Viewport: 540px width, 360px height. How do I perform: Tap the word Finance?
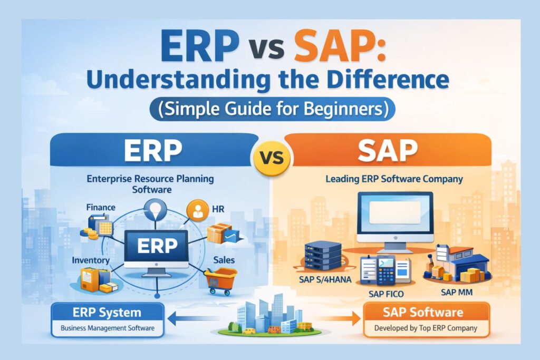click(101, 208)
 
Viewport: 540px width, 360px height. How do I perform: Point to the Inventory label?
click(92, 260)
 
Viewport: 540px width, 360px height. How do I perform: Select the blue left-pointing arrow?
click(195, 318)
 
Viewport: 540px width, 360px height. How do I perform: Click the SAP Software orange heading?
click(427, 313)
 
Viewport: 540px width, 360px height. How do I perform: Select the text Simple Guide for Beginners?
click(270, 111)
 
